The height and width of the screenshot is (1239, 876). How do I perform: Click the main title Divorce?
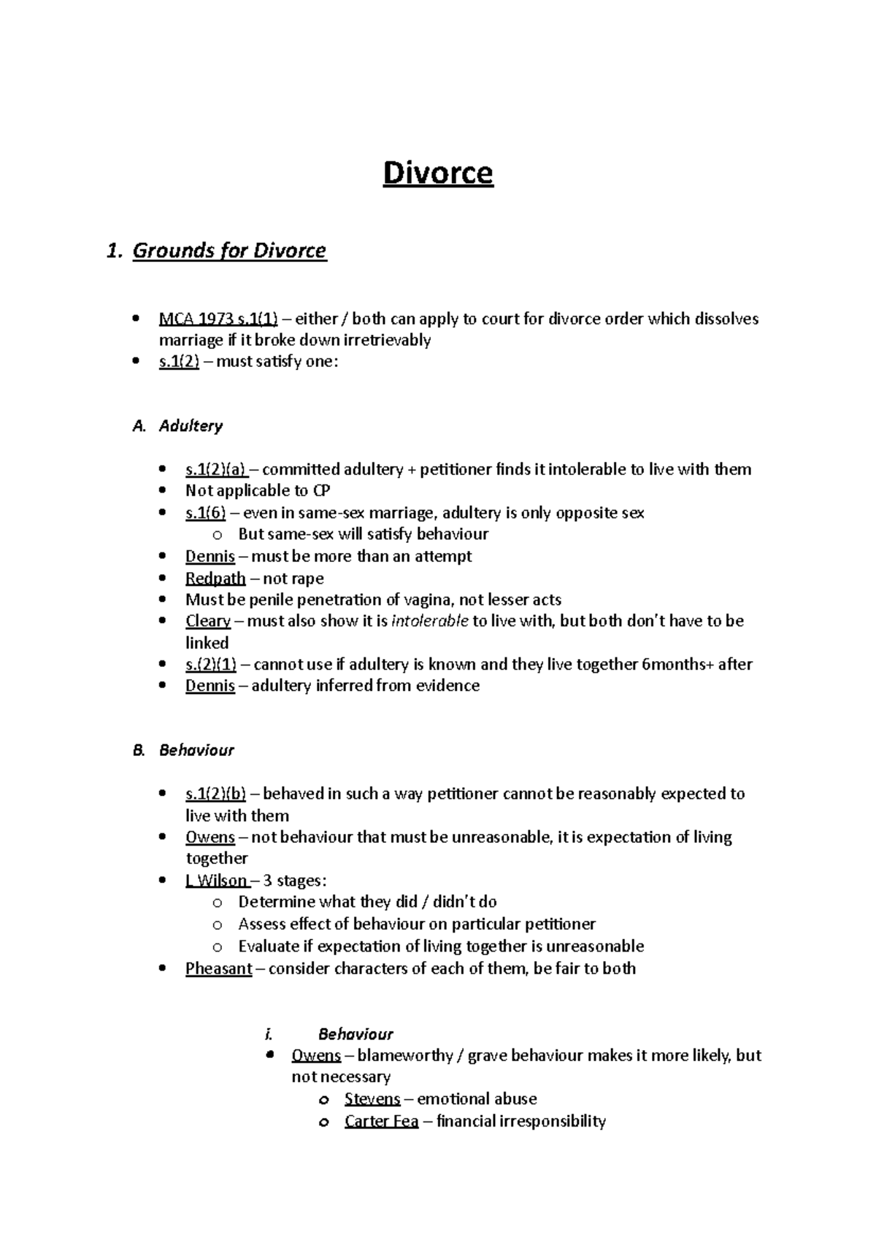pos(438,174)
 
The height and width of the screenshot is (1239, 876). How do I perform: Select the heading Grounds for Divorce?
pos(229,251)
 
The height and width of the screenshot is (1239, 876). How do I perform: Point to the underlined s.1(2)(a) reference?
pos(216,469)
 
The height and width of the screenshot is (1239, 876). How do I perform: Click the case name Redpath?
pos(215,579)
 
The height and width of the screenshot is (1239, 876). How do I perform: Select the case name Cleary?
pos(207,621)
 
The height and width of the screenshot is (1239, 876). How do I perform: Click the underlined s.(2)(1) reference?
pos(210,664)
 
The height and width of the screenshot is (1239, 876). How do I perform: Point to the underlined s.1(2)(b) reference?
pos(216,794)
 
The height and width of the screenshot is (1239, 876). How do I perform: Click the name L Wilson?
pos(217,881)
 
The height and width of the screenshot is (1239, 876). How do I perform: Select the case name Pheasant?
pos(218,969)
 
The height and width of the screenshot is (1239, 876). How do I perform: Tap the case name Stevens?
pos(372,1099)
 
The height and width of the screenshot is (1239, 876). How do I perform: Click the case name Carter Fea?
pos(381,1122)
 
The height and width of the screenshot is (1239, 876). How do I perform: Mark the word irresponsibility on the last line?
pos(552,1122)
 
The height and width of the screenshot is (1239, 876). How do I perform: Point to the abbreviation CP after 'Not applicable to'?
pos(321,490)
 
